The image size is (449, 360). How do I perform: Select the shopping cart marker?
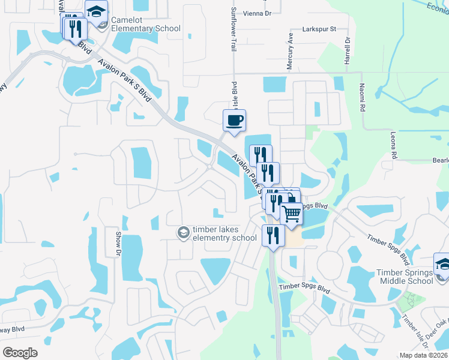click(x=291, y=213)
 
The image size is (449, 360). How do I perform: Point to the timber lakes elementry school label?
click(x=224, y=233)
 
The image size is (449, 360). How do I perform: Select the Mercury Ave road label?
click(x=290, y=52)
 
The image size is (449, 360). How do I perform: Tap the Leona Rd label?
click(x=394, y=145)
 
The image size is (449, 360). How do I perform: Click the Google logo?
click(x=20, y=352)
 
